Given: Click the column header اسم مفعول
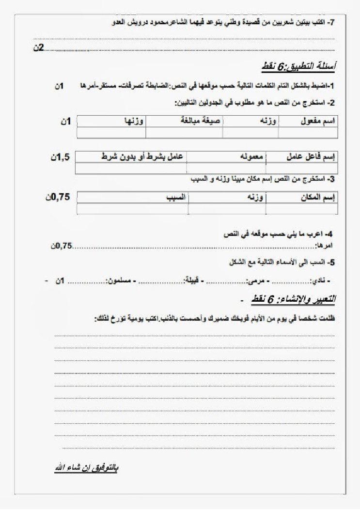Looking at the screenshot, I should click(321, 121).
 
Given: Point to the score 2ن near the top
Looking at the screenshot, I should click(38, 47).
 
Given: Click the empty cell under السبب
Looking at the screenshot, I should click(132, 208).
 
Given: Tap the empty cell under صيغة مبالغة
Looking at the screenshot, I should click(184, 132).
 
